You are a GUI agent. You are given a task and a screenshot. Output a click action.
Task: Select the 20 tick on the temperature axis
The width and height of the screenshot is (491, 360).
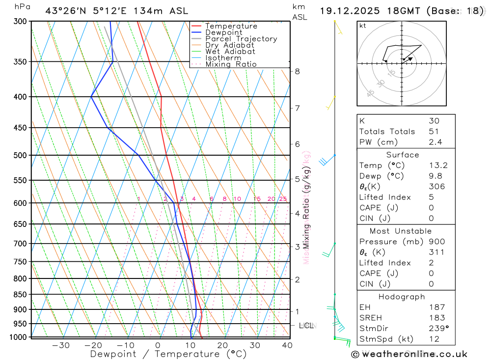(222, 345)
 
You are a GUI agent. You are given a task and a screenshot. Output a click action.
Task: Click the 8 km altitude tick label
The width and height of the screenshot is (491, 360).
(297, 71)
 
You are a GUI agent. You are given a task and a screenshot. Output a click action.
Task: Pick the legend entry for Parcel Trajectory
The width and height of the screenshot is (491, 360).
(241, 39)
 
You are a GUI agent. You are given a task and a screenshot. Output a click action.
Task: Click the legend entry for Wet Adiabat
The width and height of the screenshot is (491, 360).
(230, 52)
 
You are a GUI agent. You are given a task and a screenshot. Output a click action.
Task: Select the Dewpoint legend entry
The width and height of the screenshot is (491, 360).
(224, 32)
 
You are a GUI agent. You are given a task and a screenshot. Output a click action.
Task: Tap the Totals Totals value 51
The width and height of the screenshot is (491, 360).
(434, 132)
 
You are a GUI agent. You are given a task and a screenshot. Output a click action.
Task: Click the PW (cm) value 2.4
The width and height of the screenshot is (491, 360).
(435, 142)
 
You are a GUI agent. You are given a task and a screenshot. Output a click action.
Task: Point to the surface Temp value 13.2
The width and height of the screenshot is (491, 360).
(438, 166)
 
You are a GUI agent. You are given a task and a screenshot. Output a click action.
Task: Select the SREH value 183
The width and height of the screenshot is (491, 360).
(436, 318)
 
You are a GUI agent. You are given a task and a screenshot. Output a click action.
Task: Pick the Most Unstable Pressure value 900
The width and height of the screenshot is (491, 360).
(436, 242)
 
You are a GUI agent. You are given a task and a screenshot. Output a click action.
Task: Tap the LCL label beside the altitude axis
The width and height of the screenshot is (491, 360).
(306, 326)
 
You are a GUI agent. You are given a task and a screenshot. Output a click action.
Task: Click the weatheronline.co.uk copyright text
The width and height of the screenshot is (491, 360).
(409, 354)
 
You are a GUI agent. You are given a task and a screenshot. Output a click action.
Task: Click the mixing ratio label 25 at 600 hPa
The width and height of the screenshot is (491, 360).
(283, 199)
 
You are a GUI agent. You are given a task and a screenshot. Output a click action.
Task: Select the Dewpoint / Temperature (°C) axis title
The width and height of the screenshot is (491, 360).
(168, 354)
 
